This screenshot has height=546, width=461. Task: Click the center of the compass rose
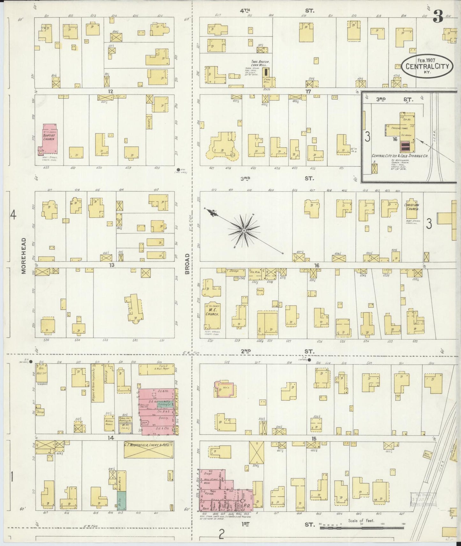(x=244, y=230)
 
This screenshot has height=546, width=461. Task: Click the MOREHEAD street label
(x=23, y=255)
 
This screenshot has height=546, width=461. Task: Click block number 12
(x=110, y=91)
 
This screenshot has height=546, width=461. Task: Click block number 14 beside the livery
(x=110, y=438)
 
